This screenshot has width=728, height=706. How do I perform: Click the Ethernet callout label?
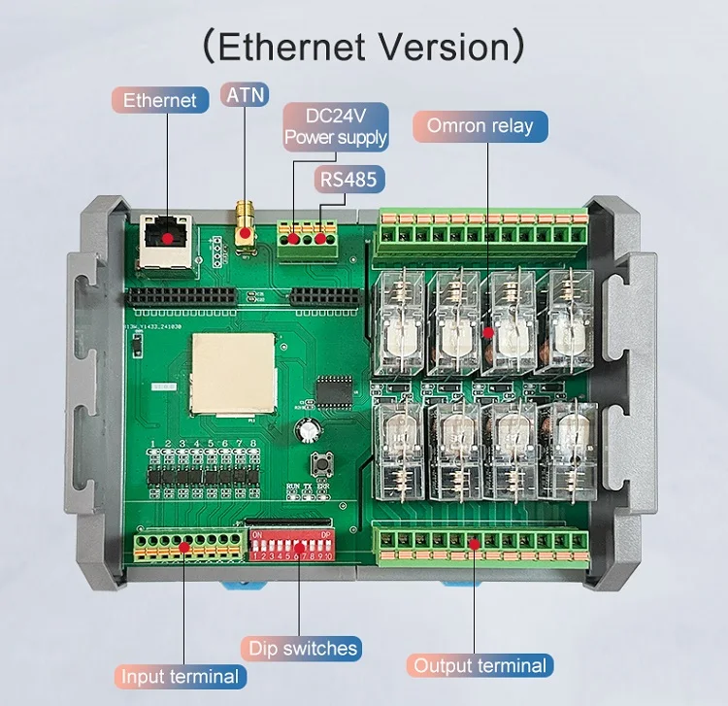[159, 100]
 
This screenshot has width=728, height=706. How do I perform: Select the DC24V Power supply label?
[335, 127]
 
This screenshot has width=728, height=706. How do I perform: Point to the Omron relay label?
[480, 126]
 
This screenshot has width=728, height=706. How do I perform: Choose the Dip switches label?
[303, 648]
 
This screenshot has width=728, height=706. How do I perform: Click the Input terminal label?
[180, 677]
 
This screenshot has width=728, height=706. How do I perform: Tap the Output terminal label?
[480, 665]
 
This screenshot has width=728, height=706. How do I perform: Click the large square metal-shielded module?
[231, 373]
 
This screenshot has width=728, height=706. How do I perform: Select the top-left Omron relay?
[397, 321]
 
